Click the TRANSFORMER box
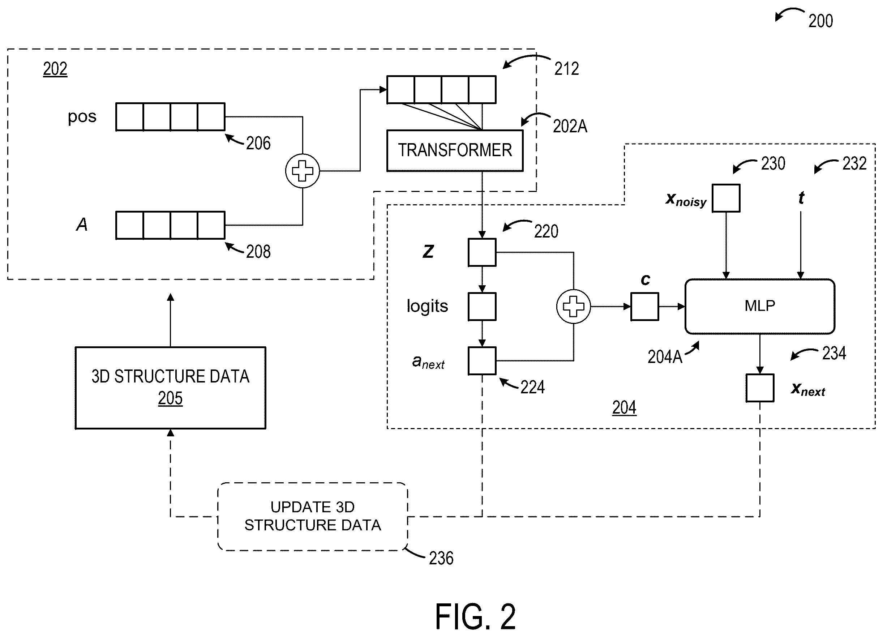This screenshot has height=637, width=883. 455,150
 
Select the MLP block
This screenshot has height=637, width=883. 760,307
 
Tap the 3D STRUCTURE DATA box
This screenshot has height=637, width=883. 171,388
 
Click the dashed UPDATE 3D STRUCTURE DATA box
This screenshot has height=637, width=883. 313,516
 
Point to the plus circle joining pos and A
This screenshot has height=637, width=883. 303,171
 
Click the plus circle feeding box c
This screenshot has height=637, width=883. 574,307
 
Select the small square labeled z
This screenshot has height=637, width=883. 482,252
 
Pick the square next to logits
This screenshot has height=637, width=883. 482,307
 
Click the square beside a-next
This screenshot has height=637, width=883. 482,360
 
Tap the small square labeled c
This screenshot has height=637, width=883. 645,307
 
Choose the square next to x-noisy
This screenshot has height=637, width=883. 726,198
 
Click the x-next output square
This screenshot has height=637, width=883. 760,388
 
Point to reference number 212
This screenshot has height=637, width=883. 566,69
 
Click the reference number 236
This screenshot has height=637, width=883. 441,558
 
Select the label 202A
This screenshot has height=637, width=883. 570,126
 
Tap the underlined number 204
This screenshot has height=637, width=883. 624,408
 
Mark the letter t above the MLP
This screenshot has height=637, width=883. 801,198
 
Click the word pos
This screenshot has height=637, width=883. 82,116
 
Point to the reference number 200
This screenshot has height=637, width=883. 821,21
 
